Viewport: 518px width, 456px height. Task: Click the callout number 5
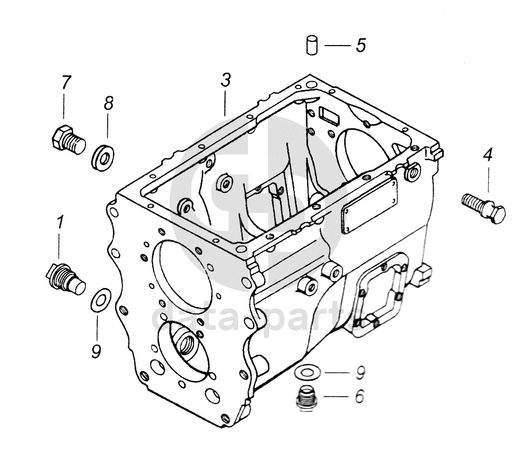(361, 45)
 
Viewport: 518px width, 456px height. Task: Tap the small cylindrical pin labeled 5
(311, 45)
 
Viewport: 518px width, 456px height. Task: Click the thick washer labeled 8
(103, 157)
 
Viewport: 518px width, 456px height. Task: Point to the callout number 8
(108, 103)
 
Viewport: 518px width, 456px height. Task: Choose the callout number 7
(66, 82)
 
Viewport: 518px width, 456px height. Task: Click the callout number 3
(226, 80)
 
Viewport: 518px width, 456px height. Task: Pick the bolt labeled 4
(483, 208)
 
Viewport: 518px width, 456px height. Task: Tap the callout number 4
(488, 155)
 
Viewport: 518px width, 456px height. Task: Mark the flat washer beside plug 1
(101, 300)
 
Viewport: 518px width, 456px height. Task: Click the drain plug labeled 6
(306, 398)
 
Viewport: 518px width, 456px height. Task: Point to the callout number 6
(359, 396)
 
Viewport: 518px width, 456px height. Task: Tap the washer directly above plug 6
(307, 373)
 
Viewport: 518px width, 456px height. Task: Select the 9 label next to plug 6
(360, 373)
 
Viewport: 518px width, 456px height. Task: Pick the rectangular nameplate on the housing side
(370, 205)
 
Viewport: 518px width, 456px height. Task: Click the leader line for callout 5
(337, 45)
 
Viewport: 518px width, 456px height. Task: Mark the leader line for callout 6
(336, 396)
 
